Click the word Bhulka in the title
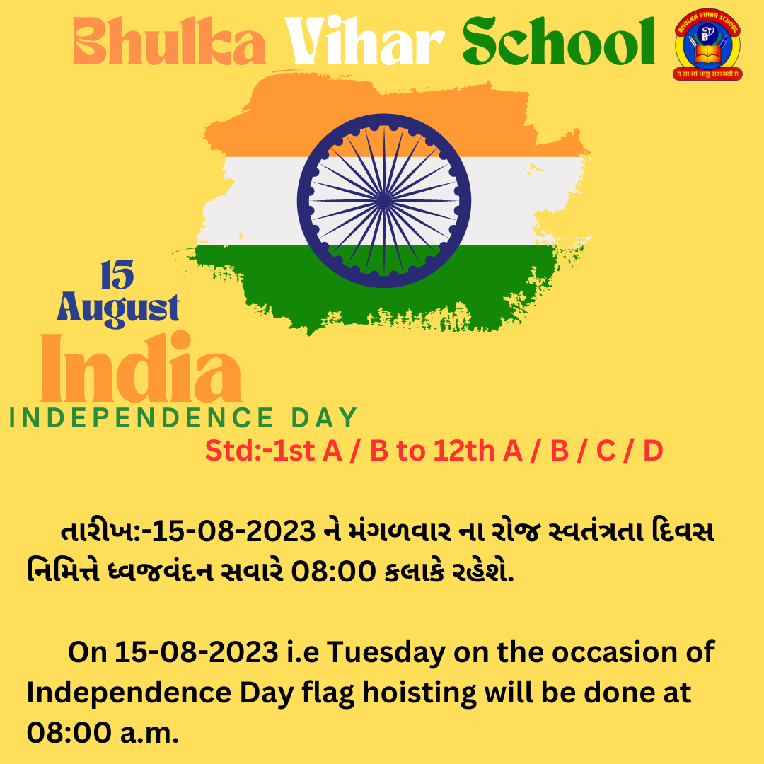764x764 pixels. pos(169,41)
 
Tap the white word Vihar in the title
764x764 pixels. pos(364,41)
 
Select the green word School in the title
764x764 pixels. pos(558,41)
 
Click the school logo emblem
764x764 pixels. pos(707,45)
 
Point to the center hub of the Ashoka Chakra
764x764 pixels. pos(384,200)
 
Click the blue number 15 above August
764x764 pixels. pos(117,274)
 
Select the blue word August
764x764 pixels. pos(117,308)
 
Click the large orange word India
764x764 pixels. pos(141,367)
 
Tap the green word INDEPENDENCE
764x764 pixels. pos(141,418)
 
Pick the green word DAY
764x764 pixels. pos(325,418)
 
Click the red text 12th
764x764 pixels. pos(463,451)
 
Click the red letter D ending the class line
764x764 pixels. pos(653,451)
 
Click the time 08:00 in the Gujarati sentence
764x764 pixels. pos(333,571)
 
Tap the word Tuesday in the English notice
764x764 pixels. pos(386,653)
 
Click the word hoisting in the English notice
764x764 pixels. pos(419,693)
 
